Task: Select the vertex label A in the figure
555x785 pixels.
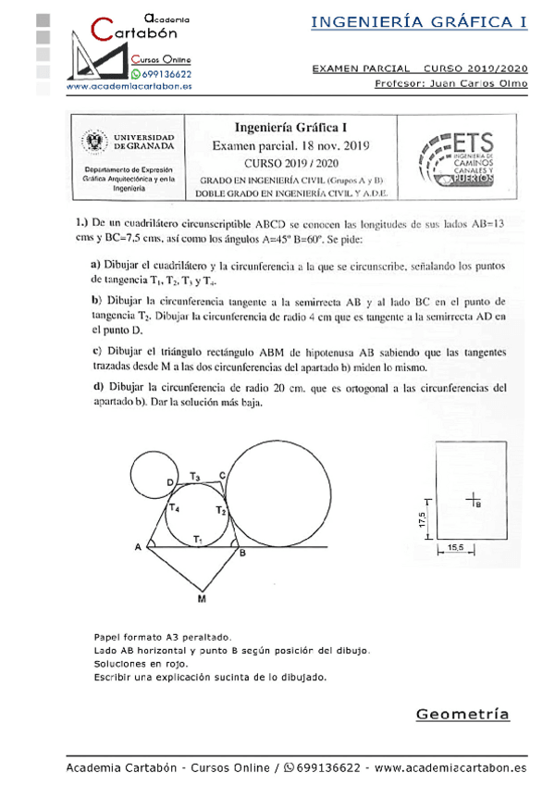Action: click(x=137, y=547)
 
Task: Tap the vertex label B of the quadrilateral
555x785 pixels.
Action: click(x=242, y=554)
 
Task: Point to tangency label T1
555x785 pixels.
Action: click(x=197, y=539)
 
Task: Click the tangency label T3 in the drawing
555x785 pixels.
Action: click(x=195, y=476)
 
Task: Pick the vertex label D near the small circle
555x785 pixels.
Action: click(x=170, y=482)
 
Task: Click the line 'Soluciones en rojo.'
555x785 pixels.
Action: click(x=141, y=664)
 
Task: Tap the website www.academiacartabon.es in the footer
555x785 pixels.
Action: click(x=450, y=767)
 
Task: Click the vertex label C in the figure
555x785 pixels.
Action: click(x=222, y=475)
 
